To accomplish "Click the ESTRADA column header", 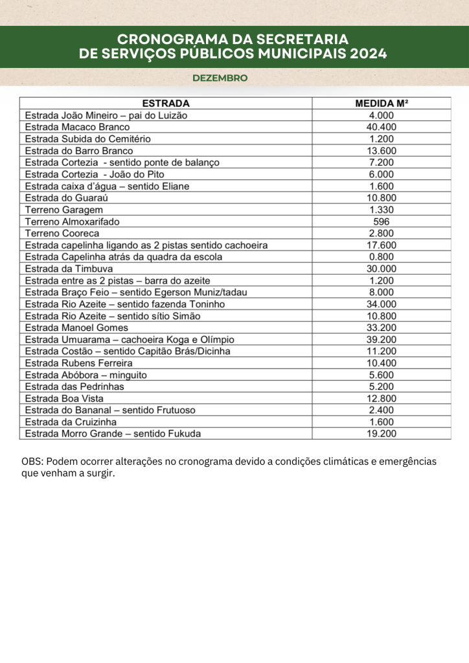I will (x=166, y=103).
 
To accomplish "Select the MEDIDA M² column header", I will (x=382, y=103).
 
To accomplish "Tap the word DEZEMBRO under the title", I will (x=220, y=78).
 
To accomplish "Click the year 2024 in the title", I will (x=368, y=54).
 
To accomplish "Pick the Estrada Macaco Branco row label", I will (x=77, y=127).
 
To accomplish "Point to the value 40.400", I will (x=382, y=127).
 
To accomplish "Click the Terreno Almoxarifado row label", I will (x=72, y=221).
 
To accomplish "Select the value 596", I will (x=382, y=221).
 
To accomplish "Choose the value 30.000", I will (x=382, y=269).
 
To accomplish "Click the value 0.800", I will (x=382, y=256).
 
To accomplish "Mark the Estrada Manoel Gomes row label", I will (x=76, y=328).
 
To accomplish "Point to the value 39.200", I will (x=382, y=339).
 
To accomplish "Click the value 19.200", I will (x=382, y=434).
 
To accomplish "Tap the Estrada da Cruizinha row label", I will (x=71, y=421).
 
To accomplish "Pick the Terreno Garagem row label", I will (x=63, y=210).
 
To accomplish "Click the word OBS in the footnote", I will (x=30, y=462).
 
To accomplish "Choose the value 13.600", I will (x=382, y=150).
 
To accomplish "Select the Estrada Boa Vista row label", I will (x=64, y=398).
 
